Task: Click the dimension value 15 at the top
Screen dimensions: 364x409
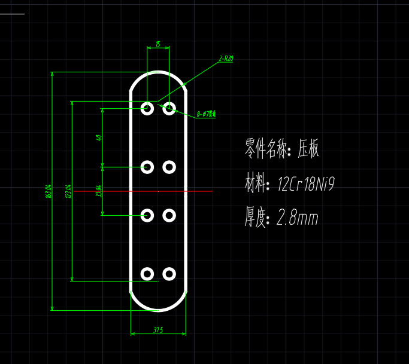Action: pyautogui.click(x=157, y=44)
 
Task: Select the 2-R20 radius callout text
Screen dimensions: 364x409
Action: pyautogui.click(x=226, y=59)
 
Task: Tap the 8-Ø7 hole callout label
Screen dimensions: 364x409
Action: pyautogui.click(x=206, y=114)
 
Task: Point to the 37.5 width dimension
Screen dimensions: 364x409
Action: pyautogui.click(x=158, y=329)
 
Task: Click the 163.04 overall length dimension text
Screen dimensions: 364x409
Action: pyautogui.click(x=48, y=192)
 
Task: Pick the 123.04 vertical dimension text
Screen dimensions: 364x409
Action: pyautogui.click(x=68, y=191)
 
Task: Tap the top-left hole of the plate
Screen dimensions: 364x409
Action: pyautogui.click(x=147, y=108)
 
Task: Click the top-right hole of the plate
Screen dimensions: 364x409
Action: pyautogui.click(x=169, y=108)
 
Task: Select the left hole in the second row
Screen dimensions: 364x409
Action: pyautogui.click(x=147, y=167)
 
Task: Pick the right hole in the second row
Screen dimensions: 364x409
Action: pyautogui.click(x=169, y=167)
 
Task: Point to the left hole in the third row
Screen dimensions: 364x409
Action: pyautogui.click(x=147, y=215)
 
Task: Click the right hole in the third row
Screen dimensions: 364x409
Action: pyautogui.click(x=169, y=215)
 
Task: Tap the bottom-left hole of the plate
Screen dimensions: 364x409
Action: pyautogui.click(x=147, y=274)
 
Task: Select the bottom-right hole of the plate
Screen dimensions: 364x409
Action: pyautogui.click(x=169, y=274)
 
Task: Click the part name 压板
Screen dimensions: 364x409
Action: pyautogui.click(x=308, y=149)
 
